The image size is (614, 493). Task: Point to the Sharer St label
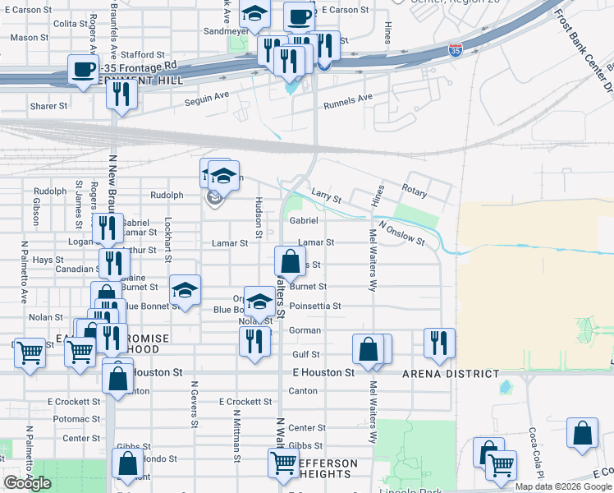[x=48, y=106]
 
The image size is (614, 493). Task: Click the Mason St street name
[x=29, y=37]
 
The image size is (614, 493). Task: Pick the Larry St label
[x=326, y=195]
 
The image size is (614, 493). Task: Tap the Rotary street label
[x=415, y=191]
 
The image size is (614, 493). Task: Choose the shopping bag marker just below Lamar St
[x=290, y=261]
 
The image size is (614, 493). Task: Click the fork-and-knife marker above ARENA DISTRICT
[x=440, y=342]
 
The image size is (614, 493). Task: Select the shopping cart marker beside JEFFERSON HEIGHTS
[x=283, y=463]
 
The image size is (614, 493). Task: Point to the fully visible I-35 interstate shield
[x=455, y=51]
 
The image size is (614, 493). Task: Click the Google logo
[x=28, y=482]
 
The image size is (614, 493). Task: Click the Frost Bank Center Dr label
[x=582, y=50]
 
